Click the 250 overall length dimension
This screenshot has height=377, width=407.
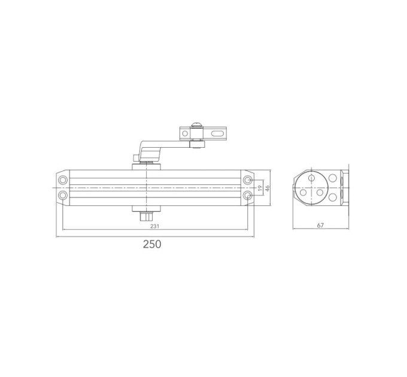152,244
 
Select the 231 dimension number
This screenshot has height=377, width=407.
154,226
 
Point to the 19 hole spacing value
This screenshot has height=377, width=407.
260,187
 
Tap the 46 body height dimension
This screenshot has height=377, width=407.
268,187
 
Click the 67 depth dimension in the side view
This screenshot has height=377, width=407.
321,225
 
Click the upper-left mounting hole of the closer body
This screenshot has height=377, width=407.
63,180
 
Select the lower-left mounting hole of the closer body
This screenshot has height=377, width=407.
63,195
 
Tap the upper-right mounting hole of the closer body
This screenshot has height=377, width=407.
248,180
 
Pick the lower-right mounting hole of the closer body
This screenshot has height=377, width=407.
248,195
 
